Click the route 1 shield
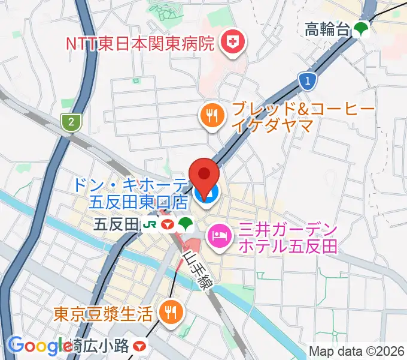click(307, 80)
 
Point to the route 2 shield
click(71, 122)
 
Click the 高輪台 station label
click(327, 29)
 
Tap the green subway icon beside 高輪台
click(361, 29)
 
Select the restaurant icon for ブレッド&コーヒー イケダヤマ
click(211, 115)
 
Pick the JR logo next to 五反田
click(149, 225)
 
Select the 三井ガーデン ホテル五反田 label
click(287, 237)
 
